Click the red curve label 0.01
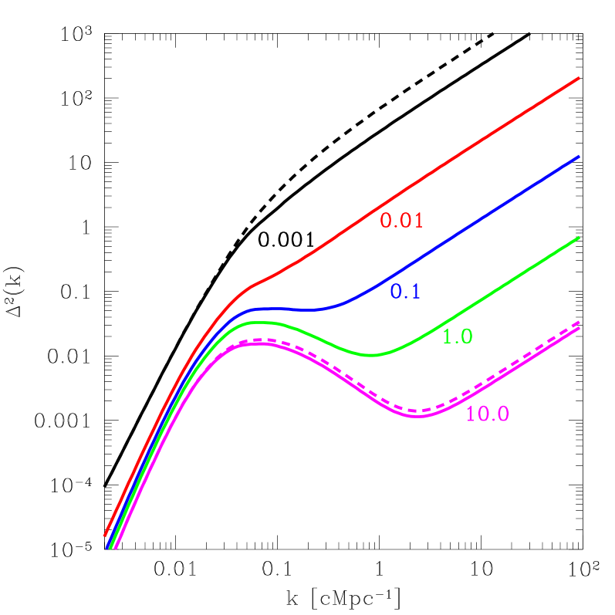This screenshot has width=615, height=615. point(402,221)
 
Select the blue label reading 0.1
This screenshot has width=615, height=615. point(405,292)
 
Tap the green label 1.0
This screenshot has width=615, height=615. point(457,336)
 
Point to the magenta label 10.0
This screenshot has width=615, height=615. point(487,414)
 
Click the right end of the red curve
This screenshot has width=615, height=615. point(578,78)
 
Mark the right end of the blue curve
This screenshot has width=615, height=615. point(578,157)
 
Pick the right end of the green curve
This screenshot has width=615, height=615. point(578,238)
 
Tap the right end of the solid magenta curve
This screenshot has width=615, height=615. point(578,328)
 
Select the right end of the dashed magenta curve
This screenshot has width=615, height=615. point(578,322)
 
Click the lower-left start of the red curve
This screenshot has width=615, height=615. point(105,535)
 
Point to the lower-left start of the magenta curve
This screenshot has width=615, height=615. point(116,549)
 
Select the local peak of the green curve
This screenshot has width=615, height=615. point(261,322)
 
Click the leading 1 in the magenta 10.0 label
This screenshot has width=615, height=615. point(471,414)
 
